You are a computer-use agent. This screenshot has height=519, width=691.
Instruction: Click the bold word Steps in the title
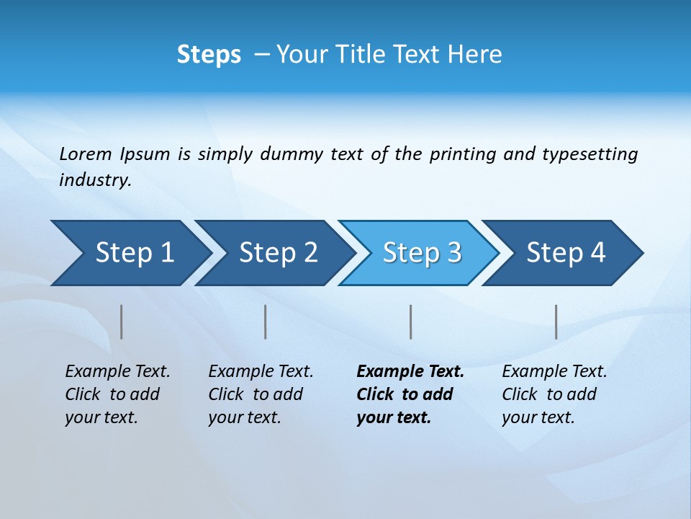pos(209,55)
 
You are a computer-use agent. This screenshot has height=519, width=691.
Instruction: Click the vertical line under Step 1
pos(121,321)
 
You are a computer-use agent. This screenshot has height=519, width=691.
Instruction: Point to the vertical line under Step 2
pos(266,321)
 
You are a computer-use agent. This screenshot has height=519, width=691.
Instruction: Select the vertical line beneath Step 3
pos(410,321)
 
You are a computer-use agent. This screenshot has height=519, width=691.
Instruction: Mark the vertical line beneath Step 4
pos(556,321)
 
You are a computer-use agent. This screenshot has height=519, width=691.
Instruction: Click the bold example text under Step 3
pos(410,394)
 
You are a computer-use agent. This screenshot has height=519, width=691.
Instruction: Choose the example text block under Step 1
pos(117,394)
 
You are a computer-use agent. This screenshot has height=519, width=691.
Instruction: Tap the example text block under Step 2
pos(260,394)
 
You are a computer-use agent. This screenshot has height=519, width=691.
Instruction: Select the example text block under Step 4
pos(554,394)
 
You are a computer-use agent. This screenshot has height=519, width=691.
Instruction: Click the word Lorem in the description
pos(86,154)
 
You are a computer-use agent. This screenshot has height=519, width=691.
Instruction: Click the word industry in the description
pos(94,180)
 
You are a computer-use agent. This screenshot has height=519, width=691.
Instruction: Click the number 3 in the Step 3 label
pos(453,253)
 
